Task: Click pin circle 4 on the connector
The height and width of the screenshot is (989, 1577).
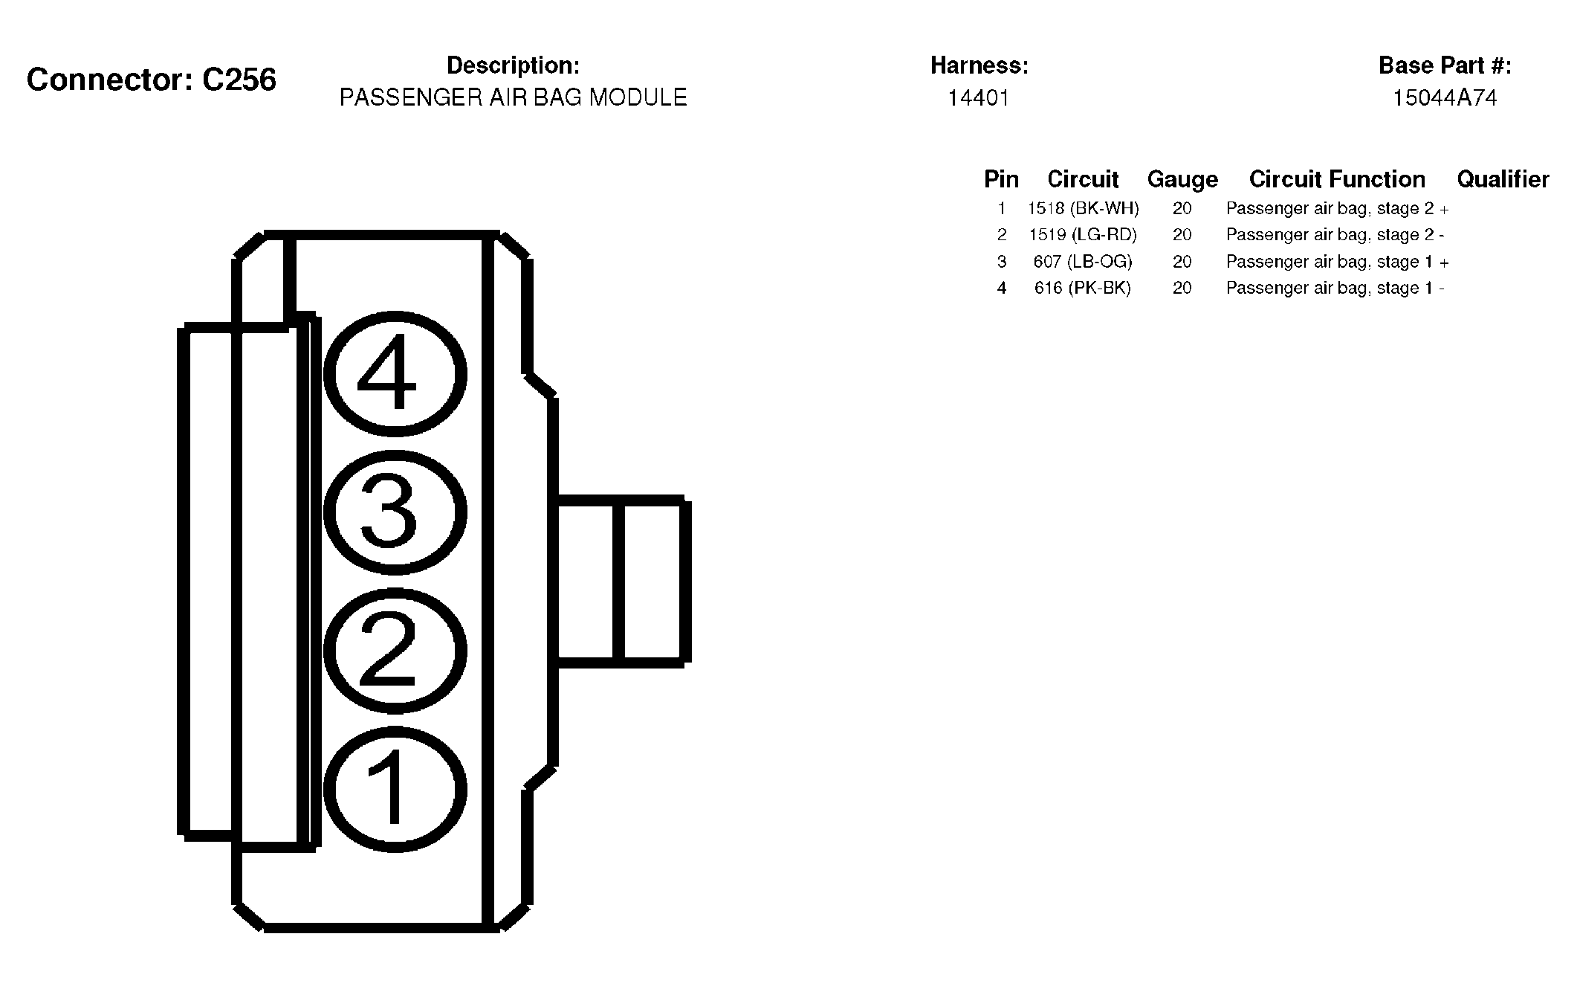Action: click(x=395, y=373)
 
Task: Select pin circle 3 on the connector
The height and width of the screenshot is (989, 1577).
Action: click(x=395, y=512)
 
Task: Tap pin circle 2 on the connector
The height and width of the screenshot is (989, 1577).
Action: click(x=395, y=651)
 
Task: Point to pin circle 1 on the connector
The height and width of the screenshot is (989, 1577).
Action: click(x=395, y=789)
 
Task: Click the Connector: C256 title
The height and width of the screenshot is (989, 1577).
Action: click(x=152, y=80)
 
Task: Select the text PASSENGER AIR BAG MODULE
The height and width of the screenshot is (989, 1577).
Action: click(x=513, y=97)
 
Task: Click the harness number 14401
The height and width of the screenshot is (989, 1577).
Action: click(x=978, y=98)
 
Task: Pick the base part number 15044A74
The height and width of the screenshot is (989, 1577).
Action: click(x=1444, y=98)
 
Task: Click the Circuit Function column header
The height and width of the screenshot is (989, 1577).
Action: click(x=1337, y=179)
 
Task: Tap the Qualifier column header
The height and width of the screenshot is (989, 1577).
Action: click(x=1503, y=179)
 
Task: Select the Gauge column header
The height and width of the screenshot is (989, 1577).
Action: click(x=1182, y=179)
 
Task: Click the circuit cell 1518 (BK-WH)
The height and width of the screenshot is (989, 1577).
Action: click(x=1083, y=208)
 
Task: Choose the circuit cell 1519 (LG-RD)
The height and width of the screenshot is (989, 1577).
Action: click(x=1083, y=235)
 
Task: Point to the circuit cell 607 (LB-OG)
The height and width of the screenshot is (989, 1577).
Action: click(x=1083, y=262)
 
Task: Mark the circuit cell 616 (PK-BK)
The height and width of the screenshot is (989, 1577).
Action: click(x=1083, y=288)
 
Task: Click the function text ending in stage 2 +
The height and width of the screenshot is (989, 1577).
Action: click(x=1337, y=208)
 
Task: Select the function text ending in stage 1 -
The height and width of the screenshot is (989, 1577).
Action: click(x=1335, y=288)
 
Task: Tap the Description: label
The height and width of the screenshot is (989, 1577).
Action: click(x=513, y=65)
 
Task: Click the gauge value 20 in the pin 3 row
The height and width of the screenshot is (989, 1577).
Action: click(x=1182, y=262)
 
